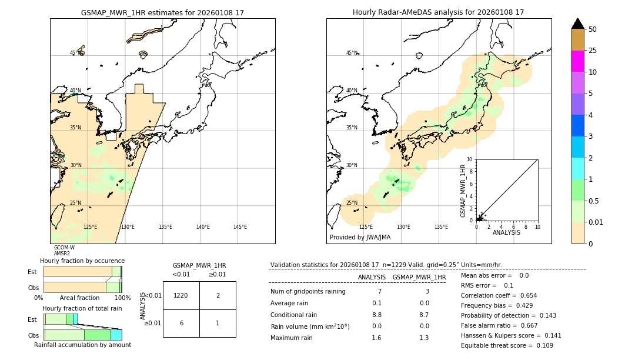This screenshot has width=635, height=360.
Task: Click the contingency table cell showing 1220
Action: tap(181, 295)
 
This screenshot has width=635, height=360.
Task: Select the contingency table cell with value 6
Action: tap(181, 323)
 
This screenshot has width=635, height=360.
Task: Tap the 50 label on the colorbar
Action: tap(593, 29)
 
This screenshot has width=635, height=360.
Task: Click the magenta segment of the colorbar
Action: tap(577, 61)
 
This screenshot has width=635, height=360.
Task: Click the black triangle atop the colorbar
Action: tap(577, 24)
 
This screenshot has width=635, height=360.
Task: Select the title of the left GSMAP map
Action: tap(162, 12)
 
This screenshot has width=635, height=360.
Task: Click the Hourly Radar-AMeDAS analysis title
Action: tap(438, 12)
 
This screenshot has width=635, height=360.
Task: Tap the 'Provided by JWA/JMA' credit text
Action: tap(360, 237)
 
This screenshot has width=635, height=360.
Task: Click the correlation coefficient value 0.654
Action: tap(524, 295)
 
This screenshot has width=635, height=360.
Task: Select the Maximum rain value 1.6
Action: tap(376, 338)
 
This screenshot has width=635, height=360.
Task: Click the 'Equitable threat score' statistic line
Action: tap(507, 345)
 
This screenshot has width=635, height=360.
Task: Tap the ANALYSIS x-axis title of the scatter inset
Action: tap(506, 232)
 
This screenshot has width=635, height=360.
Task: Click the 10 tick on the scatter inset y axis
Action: tap(470, 159)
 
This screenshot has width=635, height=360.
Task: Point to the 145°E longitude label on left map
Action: tap(240, 227)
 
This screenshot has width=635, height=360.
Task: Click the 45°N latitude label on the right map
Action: tap(352, 53)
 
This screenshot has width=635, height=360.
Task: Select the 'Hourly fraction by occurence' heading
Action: tap(82, 261)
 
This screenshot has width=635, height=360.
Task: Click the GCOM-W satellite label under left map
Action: tap(64, 248)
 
